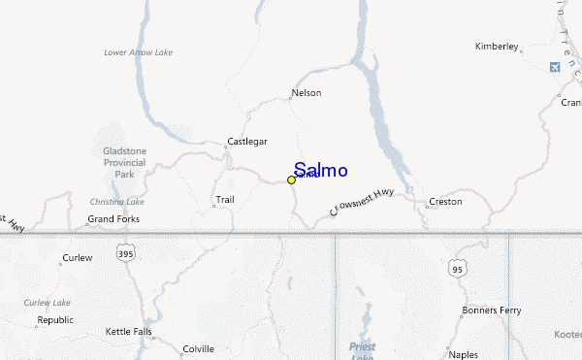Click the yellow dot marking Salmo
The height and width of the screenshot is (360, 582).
coord(291,180)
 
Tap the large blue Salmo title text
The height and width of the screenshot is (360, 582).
coord(320,170)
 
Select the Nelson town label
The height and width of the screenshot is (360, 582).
coord(306,93)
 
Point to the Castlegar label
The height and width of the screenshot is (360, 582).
coord(246,141)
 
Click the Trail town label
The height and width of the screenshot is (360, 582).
coord(224,201)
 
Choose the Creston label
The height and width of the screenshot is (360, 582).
coord(445,202)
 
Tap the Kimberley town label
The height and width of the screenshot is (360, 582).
coord(497,47)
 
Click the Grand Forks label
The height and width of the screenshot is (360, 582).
coord(113,219)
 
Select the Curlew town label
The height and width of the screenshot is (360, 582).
coord(77,258)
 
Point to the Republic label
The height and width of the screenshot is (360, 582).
coord(55,319)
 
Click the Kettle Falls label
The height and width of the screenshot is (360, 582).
coord(129,332)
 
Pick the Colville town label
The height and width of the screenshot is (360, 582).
coord(198,348)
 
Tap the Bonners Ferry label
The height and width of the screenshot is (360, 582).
coord(491,311)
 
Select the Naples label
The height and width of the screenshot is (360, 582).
coord(464,355)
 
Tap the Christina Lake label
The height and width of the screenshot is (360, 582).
coord(116,202)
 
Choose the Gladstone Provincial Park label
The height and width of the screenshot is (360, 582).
coord(123,164)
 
